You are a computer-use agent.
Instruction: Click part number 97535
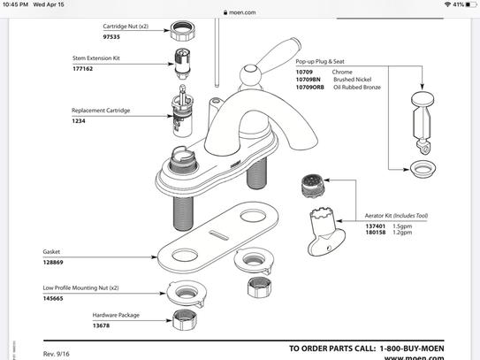111,37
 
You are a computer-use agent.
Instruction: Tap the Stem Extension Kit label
96,57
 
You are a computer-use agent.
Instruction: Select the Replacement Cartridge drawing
182,111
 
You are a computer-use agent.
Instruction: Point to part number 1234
79,120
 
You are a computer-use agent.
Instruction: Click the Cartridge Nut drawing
182,31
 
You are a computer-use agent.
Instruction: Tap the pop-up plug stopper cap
423,99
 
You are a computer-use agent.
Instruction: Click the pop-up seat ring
423,169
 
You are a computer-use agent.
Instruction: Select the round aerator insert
312,186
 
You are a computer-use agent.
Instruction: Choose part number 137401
376,226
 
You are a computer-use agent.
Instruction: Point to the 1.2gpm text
402,233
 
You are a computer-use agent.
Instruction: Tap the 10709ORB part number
309,87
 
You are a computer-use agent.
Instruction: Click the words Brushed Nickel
353,80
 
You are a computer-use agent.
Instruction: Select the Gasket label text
51,251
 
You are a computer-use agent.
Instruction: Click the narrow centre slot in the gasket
219,235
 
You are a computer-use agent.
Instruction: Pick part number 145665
53,298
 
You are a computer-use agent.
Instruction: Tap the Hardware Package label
116,315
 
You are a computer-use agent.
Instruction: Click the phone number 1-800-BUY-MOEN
412,349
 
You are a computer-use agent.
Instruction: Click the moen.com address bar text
242,12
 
